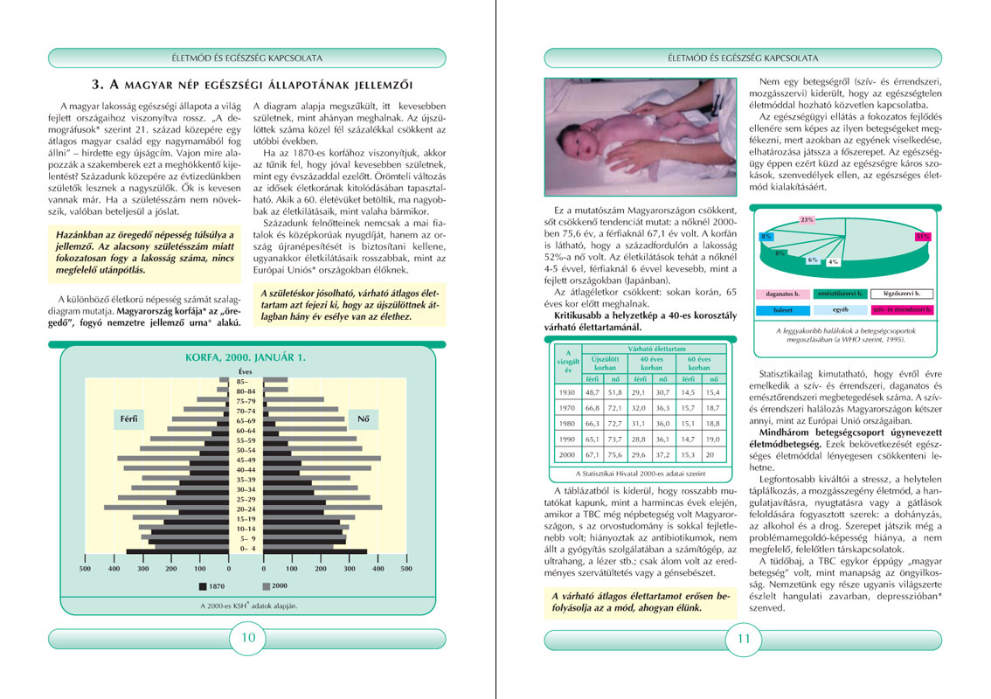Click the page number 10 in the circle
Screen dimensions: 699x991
(248, 638)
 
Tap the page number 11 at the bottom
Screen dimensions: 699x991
(744, 638)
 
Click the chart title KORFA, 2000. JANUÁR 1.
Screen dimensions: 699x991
(245, 357)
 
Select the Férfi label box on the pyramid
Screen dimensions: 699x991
(128, 419)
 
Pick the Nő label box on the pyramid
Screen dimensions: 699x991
(363, 419)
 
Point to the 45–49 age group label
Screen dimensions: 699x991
(246, 460)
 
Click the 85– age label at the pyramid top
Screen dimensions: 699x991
(246, 380)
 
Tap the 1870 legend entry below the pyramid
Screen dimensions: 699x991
(215, 585)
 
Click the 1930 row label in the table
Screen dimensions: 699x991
(567, 393)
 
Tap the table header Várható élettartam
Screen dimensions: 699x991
(640, 348)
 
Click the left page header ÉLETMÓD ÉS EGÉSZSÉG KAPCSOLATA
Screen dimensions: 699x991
(248, 59)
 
